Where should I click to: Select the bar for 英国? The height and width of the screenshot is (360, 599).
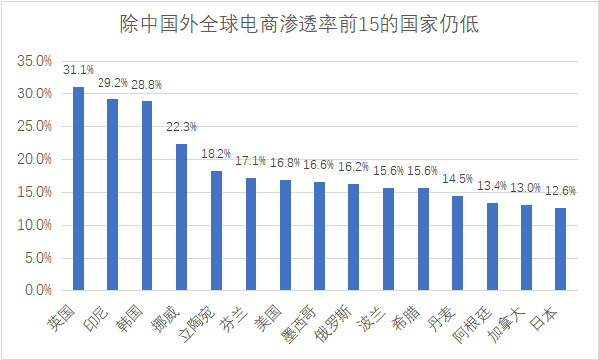point(78,188)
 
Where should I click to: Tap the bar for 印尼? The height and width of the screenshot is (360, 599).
point(112,195)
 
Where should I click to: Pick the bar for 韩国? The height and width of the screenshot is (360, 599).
point(147,196)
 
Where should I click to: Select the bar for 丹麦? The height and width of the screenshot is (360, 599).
point(457,243)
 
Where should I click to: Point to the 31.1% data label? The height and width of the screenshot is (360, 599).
point(78,71)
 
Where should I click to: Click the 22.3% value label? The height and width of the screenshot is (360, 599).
point(181,127)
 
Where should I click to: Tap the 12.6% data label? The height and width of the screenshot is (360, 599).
point(561,191)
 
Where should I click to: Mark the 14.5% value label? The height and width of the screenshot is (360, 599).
point(457,179)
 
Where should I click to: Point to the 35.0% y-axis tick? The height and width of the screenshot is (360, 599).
point(34,61)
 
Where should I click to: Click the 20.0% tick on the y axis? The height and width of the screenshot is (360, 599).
point(34,159)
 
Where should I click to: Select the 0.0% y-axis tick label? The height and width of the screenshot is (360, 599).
point(37,290)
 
